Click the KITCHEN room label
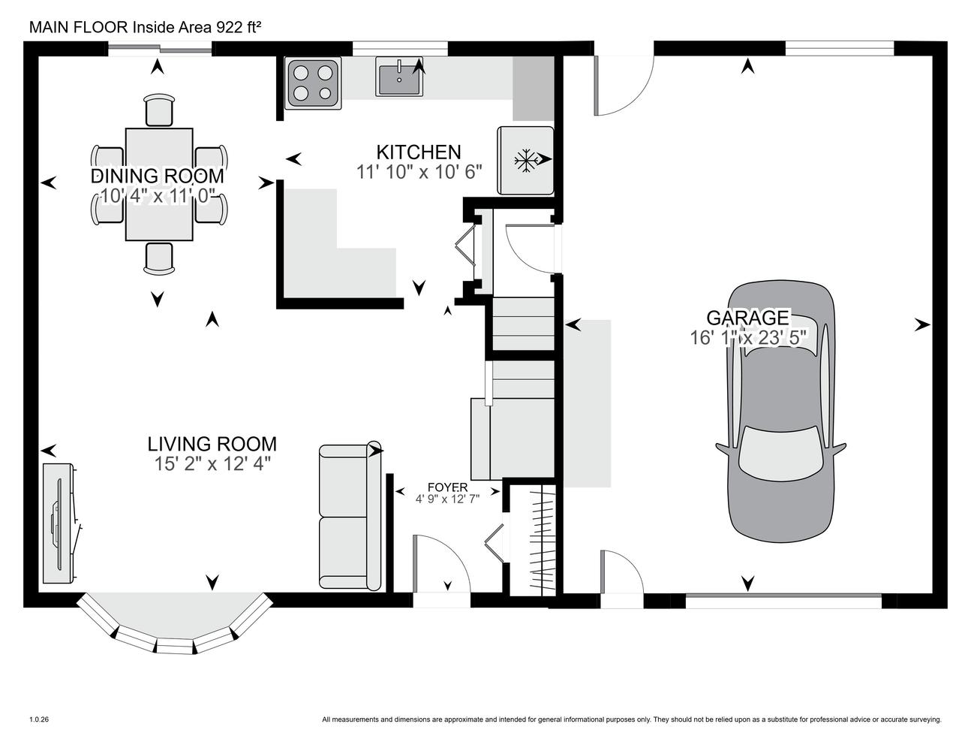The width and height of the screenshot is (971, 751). coord(418,152)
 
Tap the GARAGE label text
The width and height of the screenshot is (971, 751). coord(747,318)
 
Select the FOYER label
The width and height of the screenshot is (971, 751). coord(447,487)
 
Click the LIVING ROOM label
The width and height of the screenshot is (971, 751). coord(212,444)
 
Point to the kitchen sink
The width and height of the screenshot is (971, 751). coord(399,76)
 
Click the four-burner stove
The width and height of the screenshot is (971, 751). coord(313,83)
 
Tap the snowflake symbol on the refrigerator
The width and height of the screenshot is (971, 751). coord(525,161)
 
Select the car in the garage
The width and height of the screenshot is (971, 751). coord(781,412)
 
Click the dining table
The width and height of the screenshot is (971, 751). coord(159,185)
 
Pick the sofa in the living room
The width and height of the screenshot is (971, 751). coord(350,517)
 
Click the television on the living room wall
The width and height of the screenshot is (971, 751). coord(59,523)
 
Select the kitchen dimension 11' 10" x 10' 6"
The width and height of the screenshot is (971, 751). coord(419,172)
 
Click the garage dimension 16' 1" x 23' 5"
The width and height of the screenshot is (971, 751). coord(748,337)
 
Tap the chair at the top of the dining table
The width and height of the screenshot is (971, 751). coord(159,110)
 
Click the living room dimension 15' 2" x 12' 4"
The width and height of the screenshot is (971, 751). coord(212,463)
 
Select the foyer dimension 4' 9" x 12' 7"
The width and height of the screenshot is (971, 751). coord(447,499)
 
